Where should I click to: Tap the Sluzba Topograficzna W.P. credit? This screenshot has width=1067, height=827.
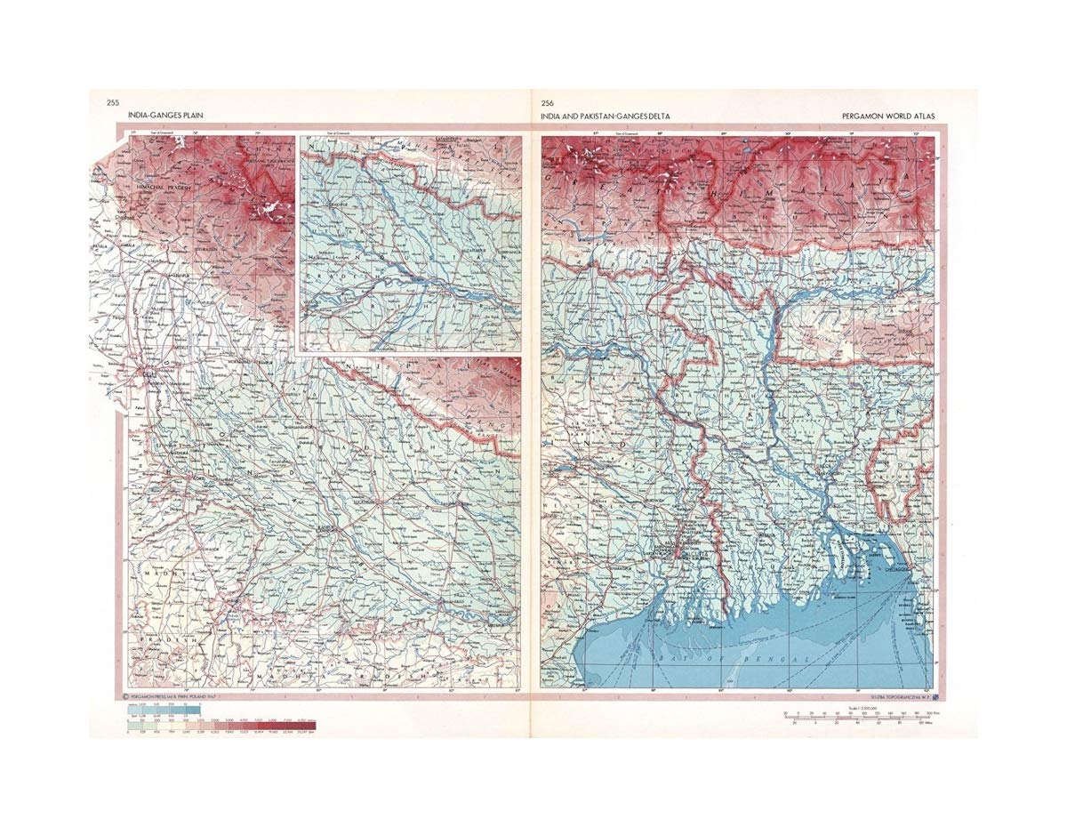tap(898, 695)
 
